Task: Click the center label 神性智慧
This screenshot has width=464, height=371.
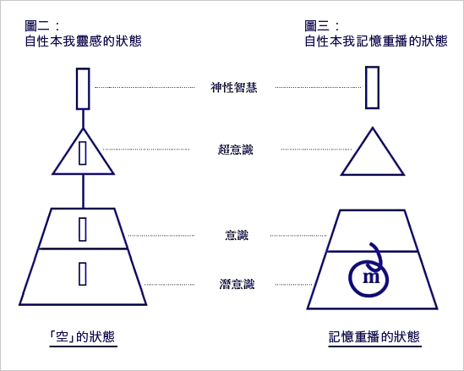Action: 234,88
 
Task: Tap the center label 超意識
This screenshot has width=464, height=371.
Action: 236,150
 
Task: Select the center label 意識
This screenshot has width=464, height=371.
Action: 237,236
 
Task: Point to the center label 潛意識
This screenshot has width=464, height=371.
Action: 237,284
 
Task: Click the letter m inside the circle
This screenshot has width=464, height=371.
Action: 371,277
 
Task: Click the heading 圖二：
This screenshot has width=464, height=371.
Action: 43,26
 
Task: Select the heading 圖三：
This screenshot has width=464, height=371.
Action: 323,26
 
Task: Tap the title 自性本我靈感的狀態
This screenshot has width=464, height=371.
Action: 83,41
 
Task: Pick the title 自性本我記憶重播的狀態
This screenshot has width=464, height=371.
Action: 376,41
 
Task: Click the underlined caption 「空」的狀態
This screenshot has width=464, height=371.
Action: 83,336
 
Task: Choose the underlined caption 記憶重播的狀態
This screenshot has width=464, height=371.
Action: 374,336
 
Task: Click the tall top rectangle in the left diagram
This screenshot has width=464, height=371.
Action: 83,89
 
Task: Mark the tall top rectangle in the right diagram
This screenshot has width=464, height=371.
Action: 372,88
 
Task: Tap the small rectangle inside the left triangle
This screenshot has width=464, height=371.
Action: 83,153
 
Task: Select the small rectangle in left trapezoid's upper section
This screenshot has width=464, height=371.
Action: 83,229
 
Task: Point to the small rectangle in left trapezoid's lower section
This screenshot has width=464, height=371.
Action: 83,274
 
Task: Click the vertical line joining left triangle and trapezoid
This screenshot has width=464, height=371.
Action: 83,192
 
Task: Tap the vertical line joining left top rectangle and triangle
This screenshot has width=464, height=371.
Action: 83,119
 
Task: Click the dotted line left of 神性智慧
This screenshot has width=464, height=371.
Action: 145,87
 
